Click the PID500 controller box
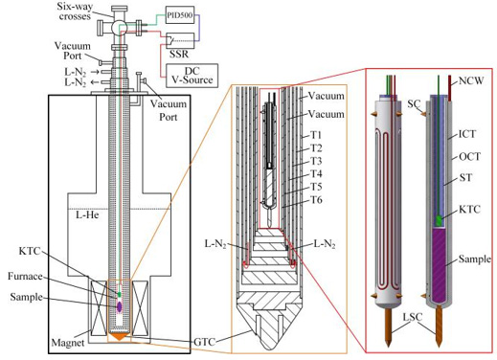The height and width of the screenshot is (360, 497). pos(180,14)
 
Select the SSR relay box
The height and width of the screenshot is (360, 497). pos(180,40)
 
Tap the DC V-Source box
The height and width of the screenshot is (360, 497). pos(192,76)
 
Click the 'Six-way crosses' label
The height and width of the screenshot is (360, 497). pos(75,11)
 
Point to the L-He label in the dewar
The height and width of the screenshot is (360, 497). pos(87,214)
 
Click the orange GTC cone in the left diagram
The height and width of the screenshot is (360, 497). pos(119,336)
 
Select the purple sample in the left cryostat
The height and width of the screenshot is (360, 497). pos(119,306)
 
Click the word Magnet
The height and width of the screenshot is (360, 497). pos(68,343)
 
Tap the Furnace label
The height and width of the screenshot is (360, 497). pos(25,276)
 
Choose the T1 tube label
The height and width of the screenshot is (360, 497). pos(316,135)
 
